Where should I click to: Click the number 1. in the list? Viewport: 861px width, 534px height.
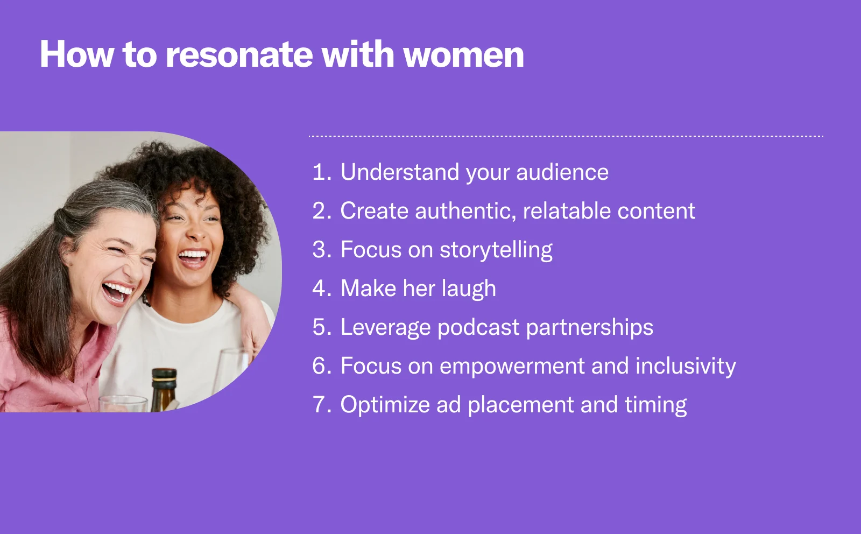click(322, 172)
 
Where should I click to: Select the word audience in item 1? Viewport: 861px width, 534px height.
click(562, 172)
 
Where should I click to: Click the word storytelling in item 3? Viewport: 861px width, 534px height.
click(496, 250)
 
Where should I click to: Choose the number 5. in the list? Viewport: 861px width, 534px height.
click(322, 327)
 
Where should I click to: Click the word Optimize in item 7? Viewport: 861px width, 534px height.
click(384, 405)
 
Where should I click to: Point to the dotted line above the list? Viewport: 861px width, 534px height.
click(565, 136)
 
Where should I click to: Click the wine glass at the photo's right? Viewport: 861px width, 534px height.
click(231, 371)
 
